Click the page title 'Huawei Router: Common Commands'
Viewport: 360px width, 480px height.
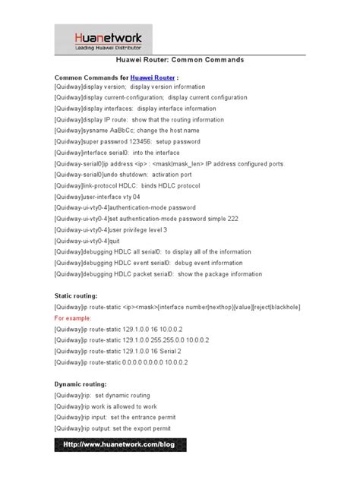tap(179, 59)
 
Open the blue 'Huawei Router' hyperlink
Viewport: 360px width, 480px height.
tap(152, 77)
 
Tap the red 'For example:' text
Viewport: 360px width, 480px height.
tap(73, 319)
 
